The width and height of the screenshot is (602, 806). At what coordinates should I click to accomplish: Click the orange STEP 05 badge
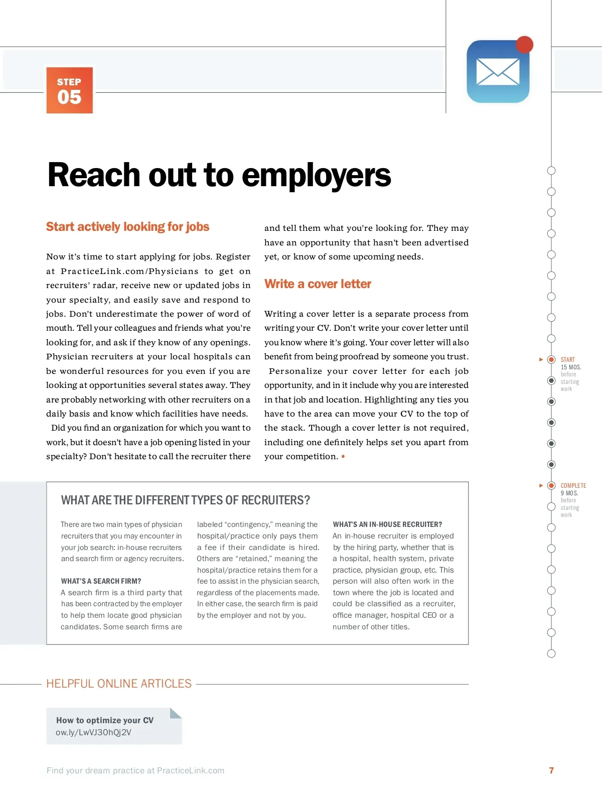69,90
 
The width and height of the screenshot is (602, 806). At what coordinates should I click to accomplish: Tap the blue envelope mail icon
498,72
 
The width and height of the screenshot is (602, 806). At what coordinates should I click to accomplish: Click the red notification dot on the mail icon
524,45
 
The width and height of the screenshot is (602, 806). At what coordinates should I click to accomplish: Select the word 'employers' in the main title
317,175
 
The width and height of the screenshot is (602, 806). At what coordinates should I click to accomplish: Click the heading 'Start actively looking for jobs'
127,227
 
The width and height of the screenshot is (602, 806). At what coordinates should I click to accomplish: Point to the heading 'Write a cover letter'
318,284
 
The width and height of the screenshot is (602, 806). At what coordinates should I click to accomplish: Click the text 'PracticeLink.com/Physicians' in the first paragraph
129,271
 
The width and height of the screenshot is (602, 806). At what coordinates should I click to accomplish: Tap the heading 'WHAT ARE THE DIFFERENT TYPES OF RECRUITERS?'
185,500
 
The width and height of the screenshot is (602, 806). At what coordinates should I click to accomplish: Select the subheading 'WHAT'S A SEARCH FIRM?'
101,581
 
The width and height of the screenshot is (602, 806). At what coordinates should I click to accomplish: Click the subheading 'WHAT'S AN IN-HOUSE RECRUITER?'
387,524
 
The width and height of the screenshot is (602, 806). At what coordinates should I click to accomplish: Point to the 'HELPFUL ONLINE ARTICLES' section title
119,684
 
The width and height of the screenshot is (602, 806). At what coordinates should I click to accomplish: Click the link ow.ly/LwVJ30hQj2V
93,732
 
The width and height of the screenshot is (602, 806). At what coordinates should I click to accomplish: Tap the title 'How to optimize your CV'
105,720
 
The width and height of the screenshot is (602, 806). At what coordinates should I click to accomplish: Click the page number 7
551,770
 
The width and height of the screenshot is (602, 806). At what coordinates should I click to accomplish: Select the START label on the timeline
567,360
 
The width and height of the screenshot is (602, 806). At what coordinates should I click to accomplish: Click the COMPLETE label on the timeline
573,486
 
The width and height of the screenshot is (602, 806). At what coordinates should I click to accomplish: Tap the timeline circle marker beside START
551,359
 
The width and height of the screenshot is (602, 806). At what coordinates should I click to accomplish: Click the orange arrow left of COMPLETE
541,485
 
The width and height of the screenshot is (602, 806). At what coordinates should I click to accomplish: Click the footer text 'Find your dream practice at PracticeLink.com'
135,770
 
